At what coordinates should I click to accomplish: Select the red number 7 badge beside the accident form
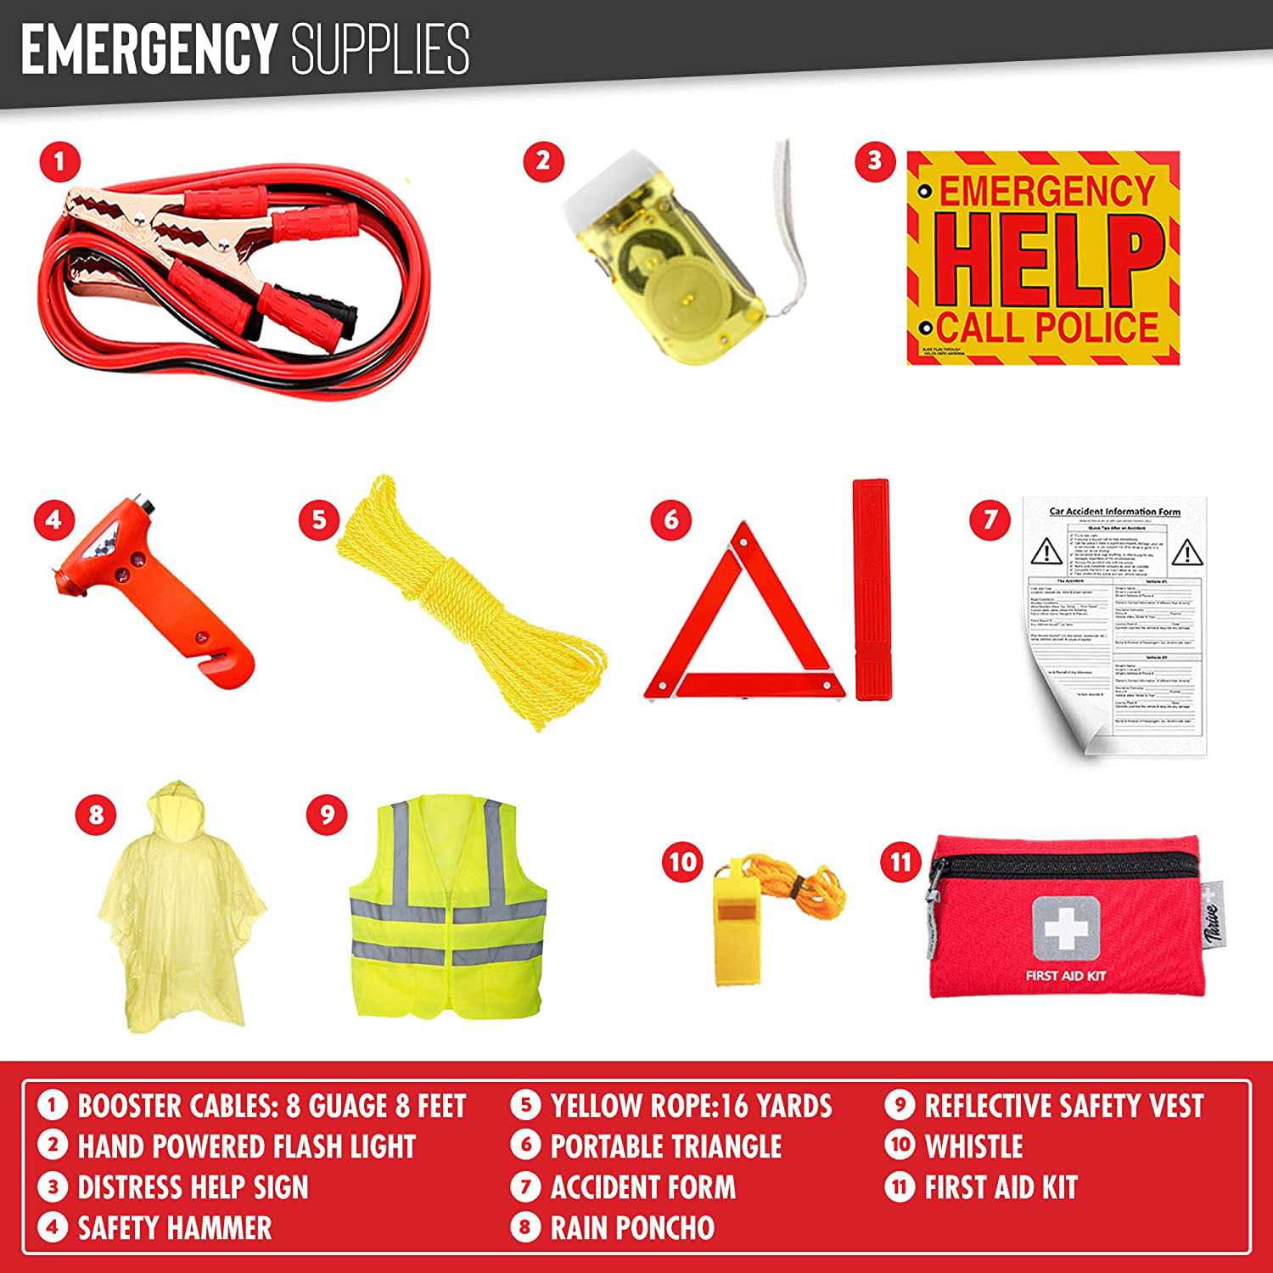(x=990, y=519)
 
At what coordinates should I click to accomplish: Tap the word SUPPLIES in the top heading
(x=380, y=49)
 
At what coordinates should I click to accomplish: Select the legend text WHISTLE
(x=973, y=1147)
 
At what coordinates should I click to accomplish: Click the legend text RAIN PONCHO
(x=632, y=1228)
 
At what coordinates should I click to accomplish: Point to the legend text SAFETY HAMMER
(x=175, y=1228)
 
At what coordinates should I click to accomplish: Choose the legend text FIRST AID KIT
(x=1001, y=1187)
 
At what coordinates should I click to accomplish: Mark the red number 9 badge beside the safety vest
(x=327, y=814)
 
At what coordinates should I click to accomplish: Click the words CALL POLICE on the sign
(x=1048, y=327)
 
